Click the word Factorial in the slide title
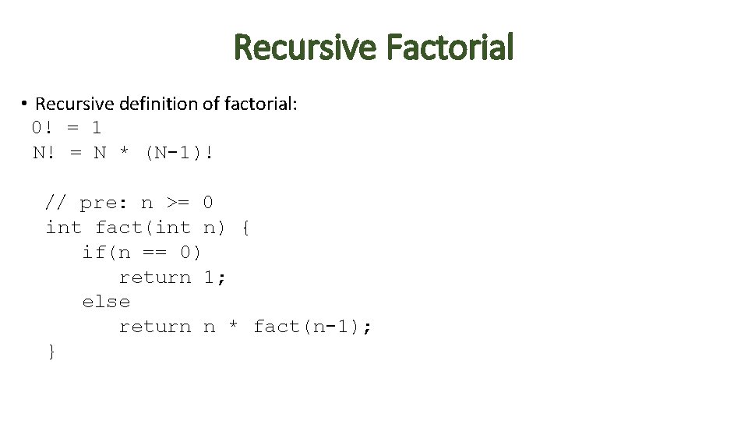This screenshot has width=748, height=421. (450, 48)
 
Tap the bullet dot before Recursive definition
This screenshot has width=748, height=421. (25, 104)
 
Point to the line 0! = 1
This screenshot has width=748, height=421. (66, 128)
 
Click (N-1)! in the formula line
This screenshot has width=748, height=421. (178, 153)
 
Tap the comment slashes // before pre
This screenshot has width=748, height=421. (55, 203)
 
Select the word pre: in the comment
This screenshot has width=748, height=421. (103, 203)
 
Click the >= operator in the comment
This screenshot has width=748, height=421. (178, 203)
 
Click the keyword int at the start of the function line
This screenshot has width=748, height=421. (63, 228)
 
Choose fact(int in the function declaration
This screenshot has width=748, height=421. (142, 228)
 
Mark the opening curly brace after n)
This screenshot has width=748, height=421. (245, 228)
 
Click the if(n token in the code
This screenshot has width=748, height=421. (106, 253)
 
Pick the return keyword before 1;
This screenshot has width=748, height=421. (154, 278)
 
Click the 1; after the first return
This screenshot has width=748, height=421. (214, 278)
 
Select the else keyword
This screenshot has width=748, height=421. (106, 302)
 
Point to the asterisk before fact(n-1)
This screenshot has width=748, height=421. (233, 327)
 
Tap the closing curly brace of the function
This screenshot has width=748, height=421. (51, 352)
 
